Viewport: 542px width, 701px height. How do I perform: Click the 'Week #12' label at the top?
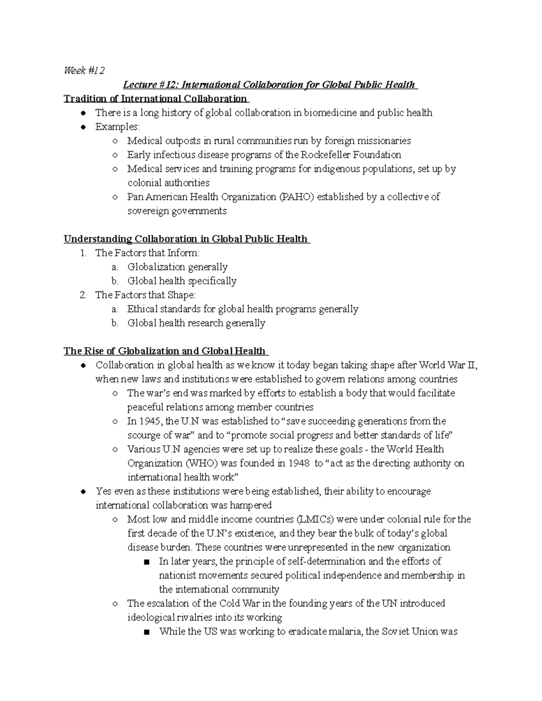click(84, 70)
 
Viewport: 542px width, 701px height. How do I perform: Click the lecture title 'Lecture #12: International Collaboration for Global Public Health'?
click(270, 84)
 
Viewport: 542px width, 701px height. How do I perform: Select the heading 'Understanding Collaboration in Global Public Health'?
click(186, 239)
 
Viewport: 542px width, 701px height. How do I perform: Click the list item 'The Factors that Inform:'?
click(147, 253)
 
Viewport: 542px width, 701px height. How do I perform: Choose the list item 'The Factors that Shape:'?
click(145, 295)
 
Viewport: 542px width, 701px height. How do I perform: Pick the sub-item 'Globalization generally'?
click(177, 267)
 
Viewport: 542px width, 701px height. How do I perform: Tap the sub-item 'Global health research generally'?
click(196, 323)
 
